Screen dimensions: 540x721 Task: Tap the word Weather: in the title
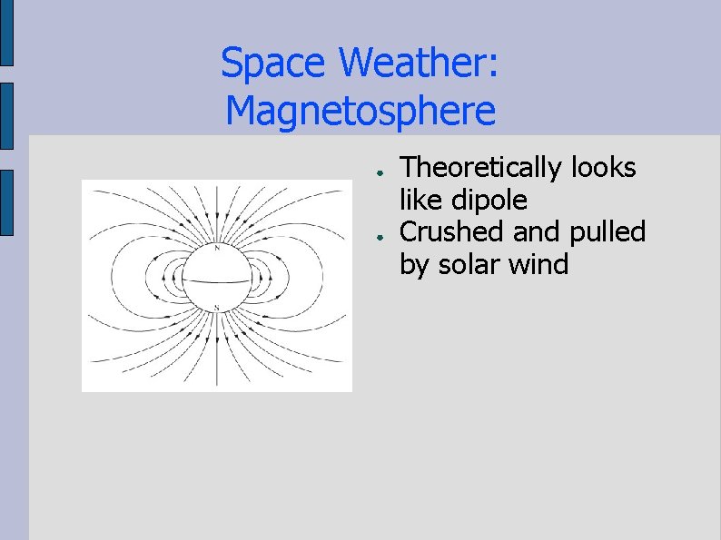coord(418,64)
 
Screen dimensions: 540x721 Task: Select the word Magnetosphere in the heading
coord(360,112)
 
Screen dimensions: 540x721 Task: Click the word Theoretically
coord(482,168)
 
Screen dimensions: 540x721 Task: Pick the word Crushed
coord(453,232)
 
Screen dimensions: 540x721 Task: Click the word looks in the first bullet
coord(603,168)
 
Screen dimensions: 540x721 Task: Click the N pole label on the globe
coord(217,248)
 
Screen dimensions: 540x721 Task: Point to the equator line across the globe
coord(216,280)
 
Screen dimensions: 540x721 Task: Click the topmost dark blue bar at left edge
coord(6,34)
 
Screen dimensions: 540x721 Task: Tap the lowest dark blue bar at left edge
coord(6,202)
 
